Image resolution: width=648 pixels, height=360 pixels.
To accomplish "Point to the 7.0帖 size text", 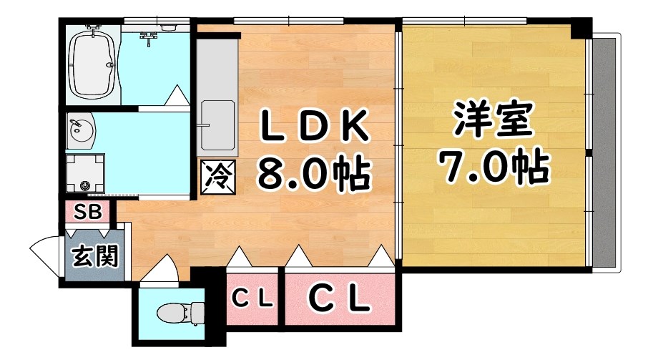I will click(493, 167).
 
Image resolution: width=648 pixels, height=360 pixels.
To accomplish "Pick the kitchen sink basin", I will click(218, 125).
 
